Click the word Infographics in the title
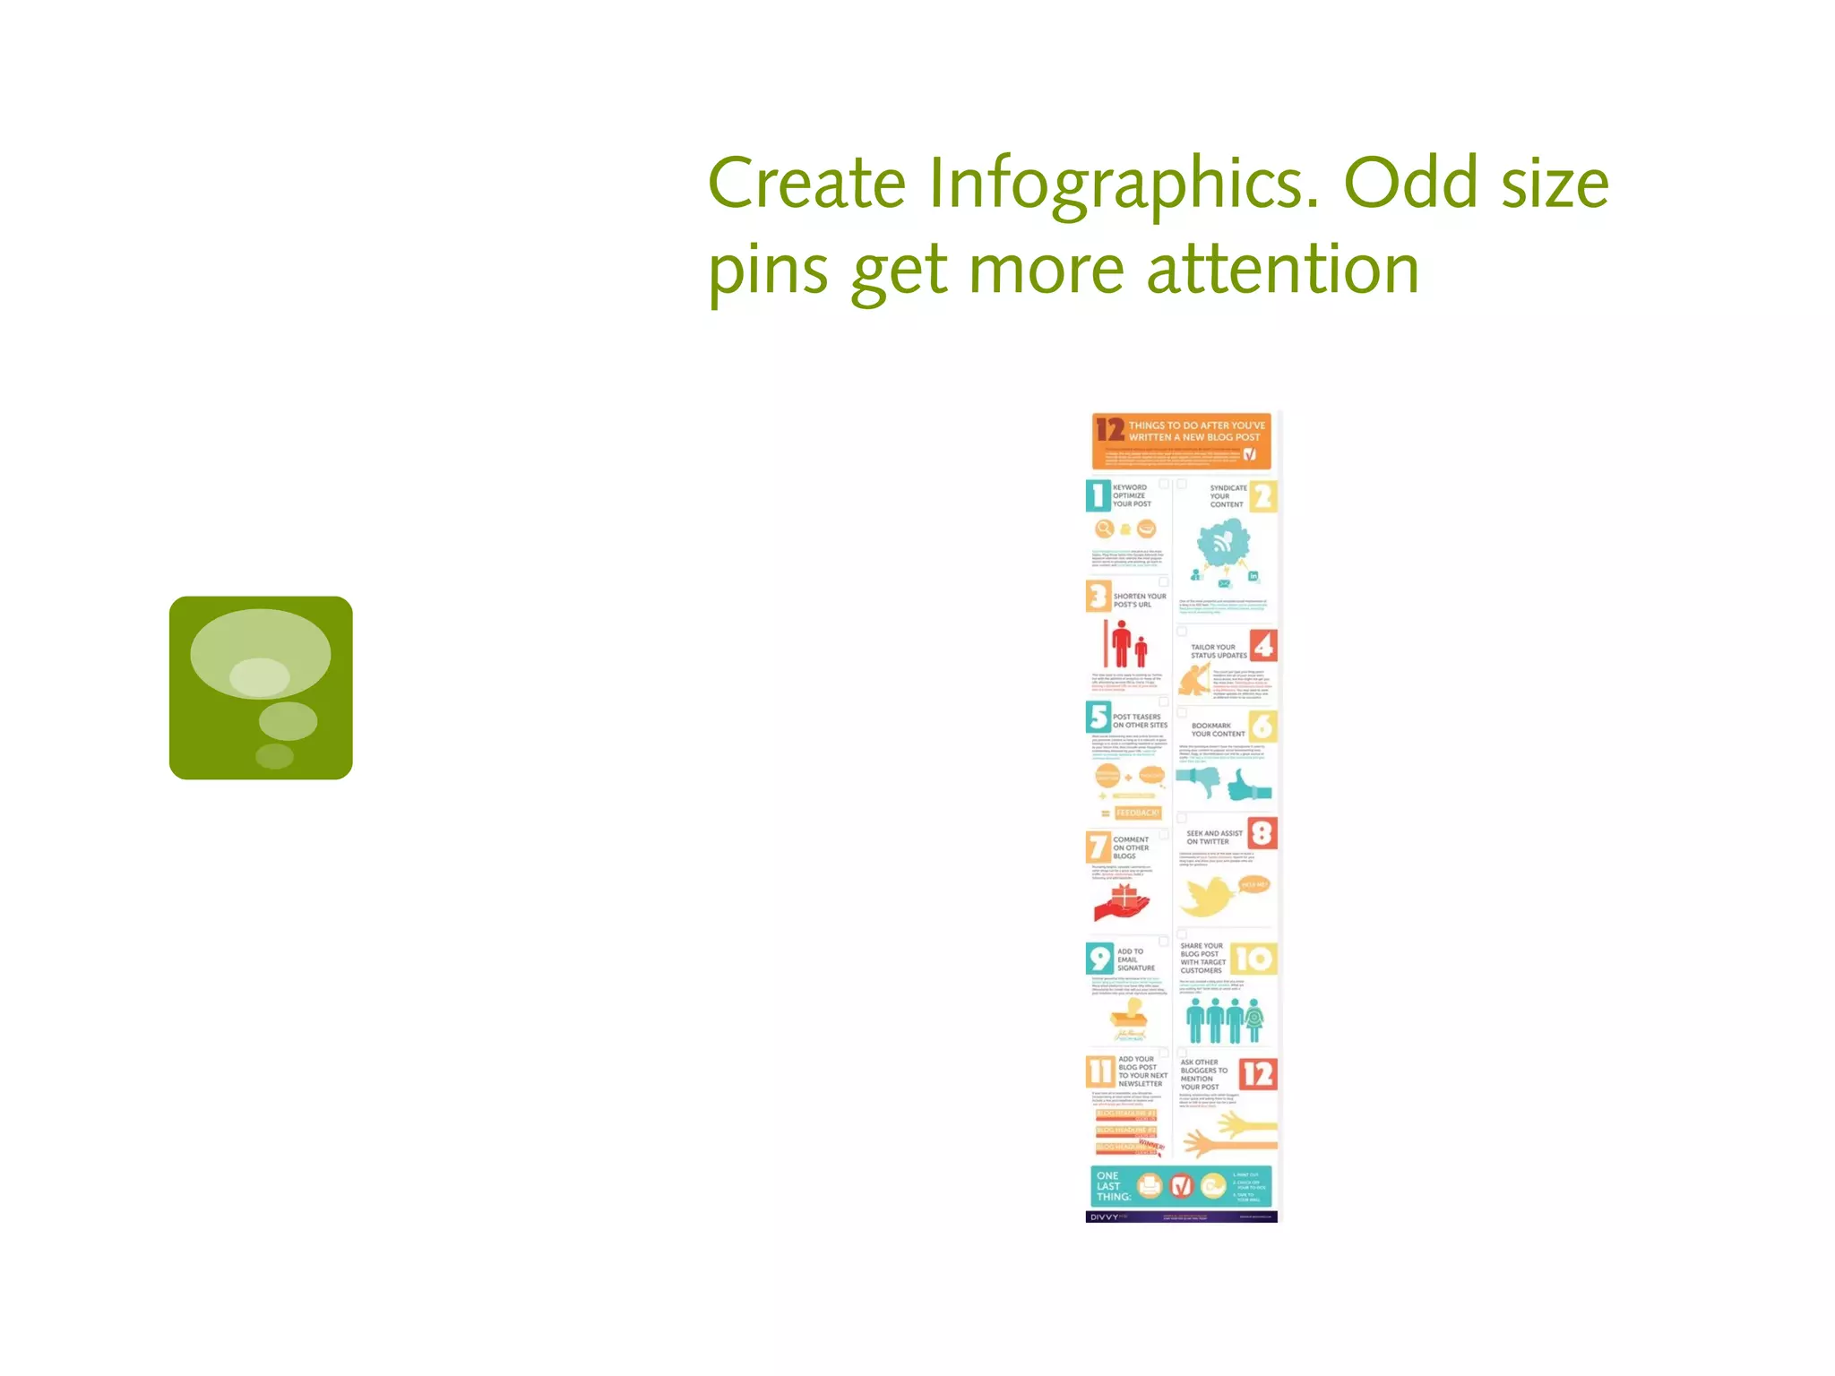click(1124, 184)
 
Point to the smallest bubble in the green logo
click(274, 756)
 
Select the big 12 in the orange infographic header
click(1110, 430)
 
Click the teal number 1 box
click(1098, 495)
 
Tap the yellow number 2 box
click(1262, 496)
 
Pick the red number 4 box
click(1262, 646)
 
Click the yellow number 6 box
click(1262, 727)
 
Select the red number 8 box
click(1262, 833)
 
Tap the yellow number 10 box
click(1253, 959)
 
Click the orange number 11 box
click(1100, 1071)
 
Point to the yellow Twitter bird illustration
click(1209, 896)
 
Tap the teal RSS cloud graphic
click(1223, 544)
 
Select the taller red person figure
click(1121, 643)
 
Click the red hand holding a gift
click(1120, 904)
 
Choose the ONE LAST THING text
click(1113, 1186)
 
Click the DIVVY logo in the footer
click(1105, 1217)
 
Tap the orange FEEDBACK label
click(1138, 813)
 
